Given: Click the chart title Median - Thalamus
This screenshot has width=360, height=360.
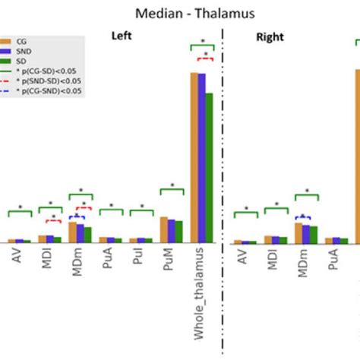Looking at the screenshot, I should pos(179,13).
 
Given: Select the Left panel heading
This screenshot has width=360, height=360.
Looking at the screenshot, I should pos(122,36).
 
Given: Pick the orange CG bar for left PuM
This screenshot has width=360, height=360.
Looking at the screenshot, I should pos(163,229).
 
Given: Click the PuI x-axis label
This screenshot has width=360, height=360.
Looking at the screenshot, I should pos(140,258).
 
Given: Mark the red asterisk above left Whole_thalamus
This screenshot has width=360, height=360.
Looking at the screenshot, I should pos(201,55).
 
